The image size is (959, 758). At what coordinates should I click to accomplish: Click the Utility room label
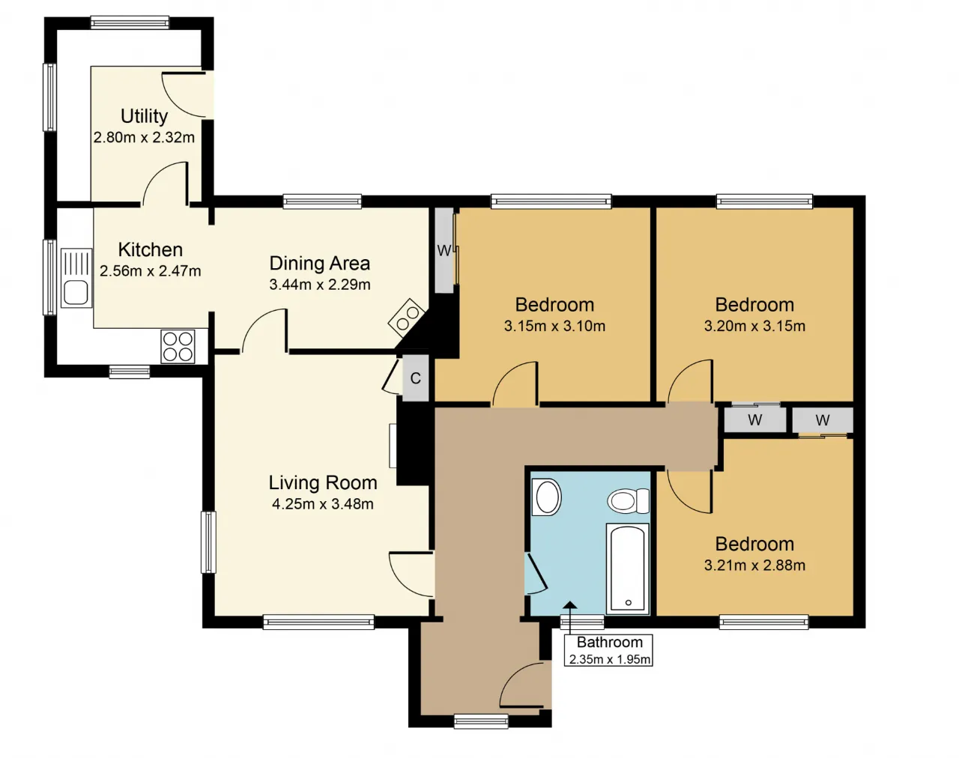pos(144,116)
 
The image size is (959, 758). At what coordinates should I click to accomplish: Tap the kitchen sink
pos(76,278)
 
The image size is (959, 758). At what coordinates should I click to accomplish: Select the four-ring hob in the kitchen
pos(178,347)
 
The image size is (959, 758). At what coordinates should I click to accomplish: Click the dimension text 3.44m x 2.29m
pos(319,285)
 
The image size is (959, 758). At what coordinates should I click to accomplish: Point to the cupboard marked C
pos(415,378)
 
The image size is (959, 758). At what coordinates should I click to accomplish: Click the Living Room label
pos(323,482)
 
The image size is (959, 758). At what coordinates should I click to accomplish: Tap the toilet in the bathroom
pos(629,501)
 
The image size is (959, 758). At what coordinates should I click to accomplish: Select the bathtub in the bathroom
pos(627,568)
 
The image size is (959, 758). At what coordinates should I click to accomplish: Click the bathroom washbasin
pos(547,497)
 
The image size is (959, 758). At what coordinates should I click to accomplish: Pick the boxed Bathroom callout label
pos(608,650)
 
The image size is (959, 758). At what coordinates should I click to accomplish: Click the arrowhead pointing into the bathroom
pos(570,604)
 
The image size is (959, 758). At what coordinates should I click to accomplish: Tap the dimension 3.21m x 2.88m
pos(754,566)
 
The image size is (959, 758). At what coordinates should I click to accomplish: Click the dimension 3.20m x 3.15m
pos(754,326)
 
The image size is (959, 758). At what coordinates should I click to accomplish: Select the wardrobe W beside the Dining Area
pos(444,251)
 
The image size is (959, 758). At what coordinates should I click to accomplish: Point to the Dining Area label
pos(319,264)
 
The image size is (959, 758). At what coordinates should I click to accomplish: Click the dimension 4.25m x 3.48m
pos(323,504)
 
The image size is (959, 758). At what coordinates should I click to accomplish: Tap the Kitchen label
pos(150,249)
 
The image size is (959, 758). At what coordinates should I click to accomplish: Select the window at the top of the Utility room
pos(130,22)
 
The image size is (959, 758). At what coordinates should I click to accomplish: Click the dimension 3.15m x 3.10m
pos(554,326)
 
